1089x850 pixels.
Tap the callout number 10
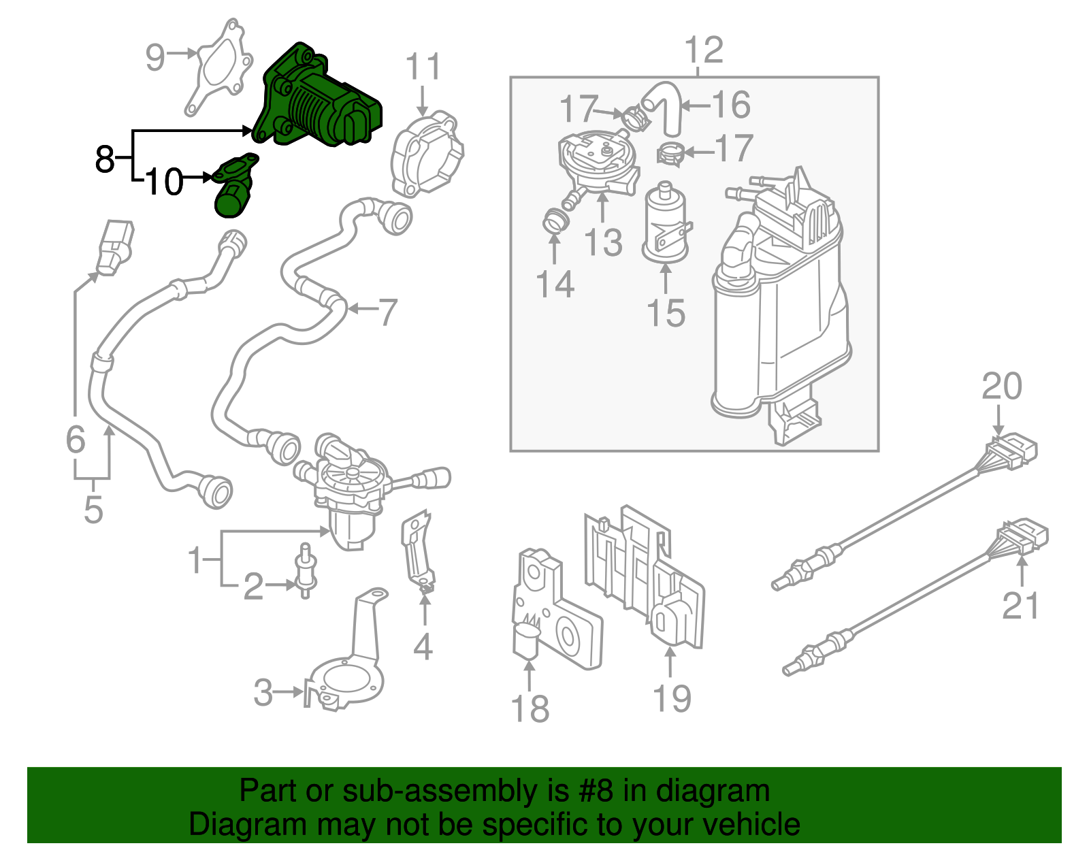click(164, 182)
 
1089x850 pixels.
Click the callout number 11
click(423, 68)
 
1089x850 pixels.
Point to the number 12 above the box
click(704, 51)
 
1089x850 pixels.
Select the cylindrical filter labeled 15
click(666, 221)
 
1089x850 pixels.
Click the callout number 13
click(603, 243)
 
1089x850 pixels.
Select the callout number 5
click(93, 509)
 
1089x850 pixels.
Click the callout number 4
click(423, 647)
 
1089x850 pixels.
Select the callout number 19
click(672, 699)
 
